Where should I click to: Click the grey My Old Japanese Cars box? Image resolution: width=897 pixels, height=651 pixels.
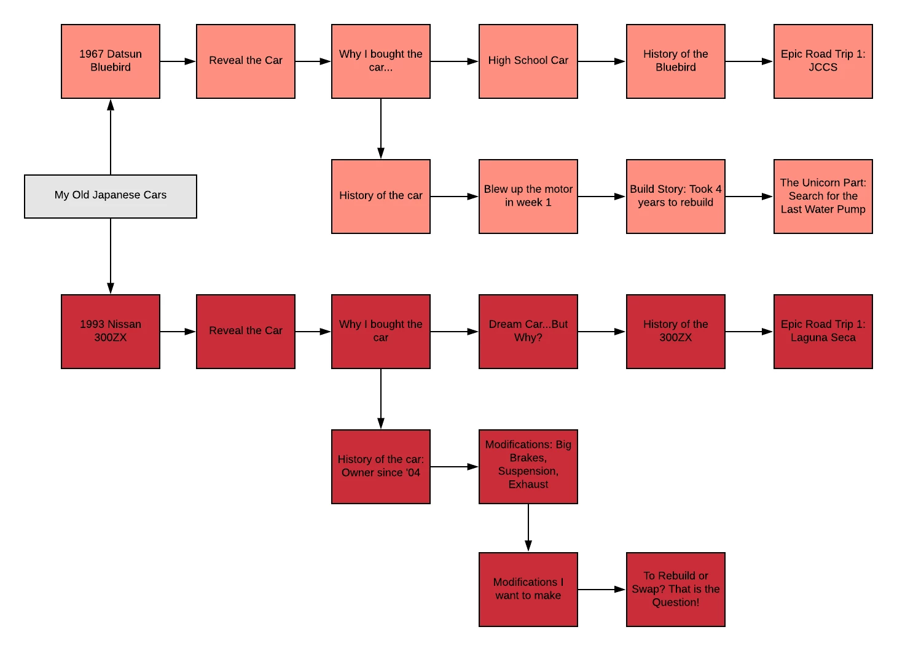[x=111, y=196]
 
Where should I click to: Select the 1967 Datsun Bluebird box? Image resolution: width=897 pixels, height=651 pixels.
[x=111, y=61]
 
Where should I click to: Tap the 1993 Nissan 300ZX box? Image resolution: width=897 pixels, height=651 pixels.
[x=111, y=331]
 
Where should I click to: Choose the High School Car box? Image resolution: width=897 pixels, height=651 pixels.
[x=528, y=61]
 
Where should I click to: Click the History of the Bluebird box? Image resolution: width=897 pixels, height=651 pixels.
[x=675, y=61]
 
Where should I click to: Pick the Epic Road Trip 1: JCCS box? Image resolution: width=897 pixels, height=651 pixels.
[x=823, y=61]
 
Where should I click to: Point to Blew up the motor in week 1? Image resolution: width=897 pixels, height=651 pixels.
[x=528, y=196]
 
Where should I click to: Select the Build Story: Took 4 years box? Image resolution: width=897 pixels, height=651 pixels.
[x=675, y=196]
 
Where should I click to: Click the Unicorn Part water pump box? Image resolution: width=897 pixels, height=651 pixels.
[x=823, y=196]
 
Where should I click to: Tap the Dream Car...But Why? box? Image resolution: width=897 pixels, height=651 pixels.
[x=528, y=331]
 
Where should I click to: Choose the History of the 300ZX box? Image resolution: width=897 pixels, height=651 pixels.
[x=675, y=331]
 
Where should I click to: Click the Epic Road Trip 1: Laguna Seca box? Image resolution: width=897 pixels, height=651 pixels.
[x=823, y=331]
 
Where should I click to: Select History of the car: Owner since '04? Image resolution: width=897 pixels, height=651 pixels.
[x=380, y=466]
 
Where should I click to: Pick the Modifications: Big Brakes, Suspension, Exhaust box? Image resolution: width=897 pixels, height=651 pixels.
[x=528, y=466]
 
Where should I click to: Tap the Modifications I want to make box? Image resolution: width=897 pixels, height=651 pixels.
[x=528, y=589]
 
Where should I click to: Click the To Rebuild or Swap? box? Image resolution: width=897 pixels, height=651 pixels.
[x=675, y=589]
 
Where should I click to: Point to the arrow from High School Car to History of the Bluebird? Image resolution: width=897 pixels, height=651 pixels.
[x=601, y=61]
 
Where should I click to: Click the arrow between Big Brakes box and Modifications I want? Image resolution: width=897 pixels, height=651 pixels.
[x=528, y=528]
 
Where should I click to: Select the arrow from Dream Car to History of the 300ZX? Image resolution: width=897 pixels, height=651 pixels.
[x=601, y=332]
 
